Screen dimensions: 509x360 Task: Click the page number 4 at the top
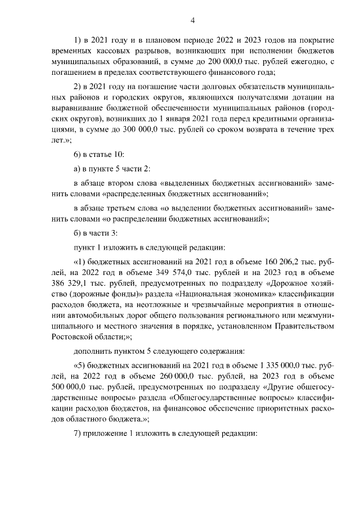193,21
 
